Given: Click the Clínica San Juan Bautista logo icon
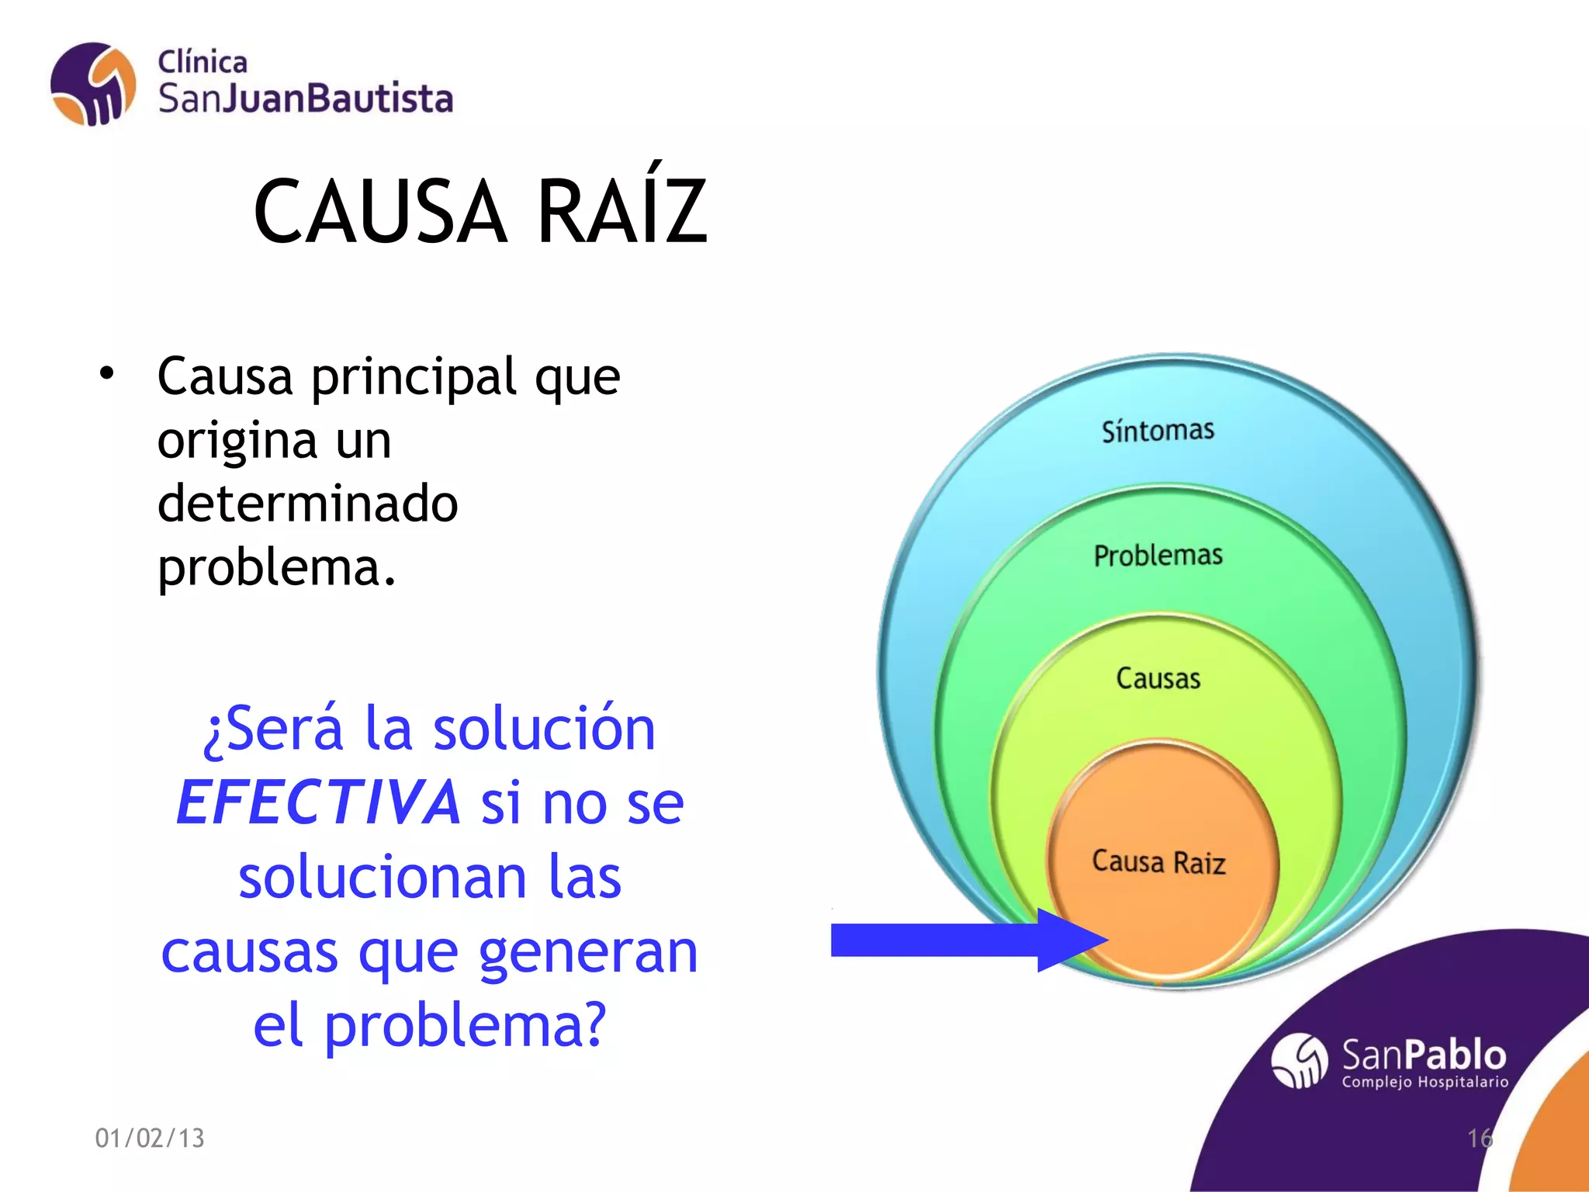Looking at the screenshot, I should pos(93,84).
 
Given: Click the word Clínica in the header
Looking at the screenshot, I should pos(203,62).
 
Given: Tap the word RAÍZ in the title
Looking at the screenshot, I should pos(621,211).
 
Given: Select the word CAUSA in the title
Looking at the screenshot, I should pos(380,211).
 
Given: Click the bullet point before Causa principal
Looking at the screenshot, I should pos(106,374).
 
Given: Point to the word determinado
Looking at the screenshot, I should pos(307,503).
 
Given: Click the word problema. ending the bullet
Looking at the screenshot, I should pos(276,567).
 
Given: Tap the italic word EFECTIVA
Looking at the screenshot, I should pos(319,802).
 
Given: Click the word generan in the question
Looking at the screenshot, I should pos(588,951).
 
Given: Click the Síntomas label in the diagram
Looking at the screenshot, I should pos(1158,431).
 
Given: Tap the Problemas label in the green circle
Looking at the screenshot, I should pos(1158,555).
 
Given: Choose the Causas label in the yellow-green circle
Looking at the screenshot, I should pos(1158,678).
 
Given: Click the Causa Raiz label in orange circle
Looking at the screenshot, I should pos(1158,861).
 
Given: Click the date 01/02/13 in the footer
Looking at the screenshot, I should pos(150,1138).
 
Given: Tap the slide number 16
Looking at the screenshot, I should pos(1479,1138).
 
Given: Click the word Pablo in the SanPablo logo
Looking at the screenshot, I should pos(1455,1055).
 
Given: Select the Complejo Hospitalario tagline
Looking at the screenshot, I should pos(1425,1082).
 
